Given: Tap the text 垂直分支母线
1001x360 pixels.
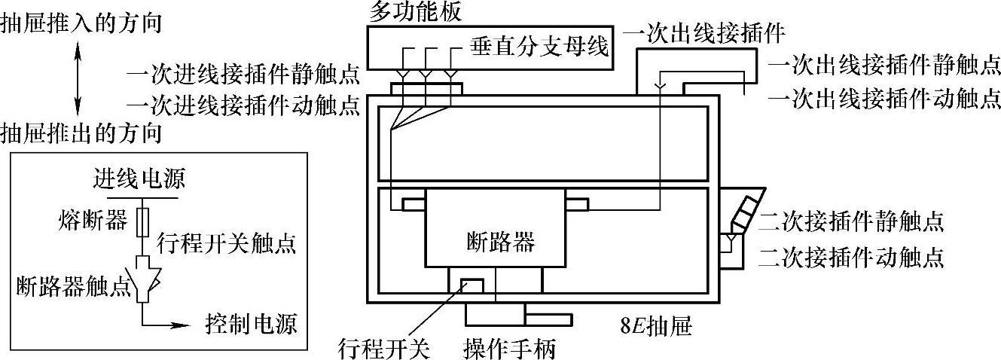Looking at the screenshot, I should coord(539,46).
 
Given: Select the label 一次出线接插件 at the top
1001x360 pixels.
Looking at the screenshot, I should coord(706,33).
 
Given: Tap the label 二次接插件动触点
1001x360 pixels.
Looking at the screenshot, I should coord(851,258).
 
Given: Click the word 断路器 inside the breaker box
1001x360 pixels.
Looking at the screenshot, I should coord(497,243).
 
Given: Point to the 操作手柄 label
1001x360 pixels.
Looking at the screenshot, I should coord(510,349).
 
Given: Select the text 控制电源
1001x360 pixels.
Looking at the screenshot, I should coord(252,325).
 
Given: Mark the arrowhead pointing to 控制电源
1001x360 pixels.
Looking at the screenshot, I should coord(179,325).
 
